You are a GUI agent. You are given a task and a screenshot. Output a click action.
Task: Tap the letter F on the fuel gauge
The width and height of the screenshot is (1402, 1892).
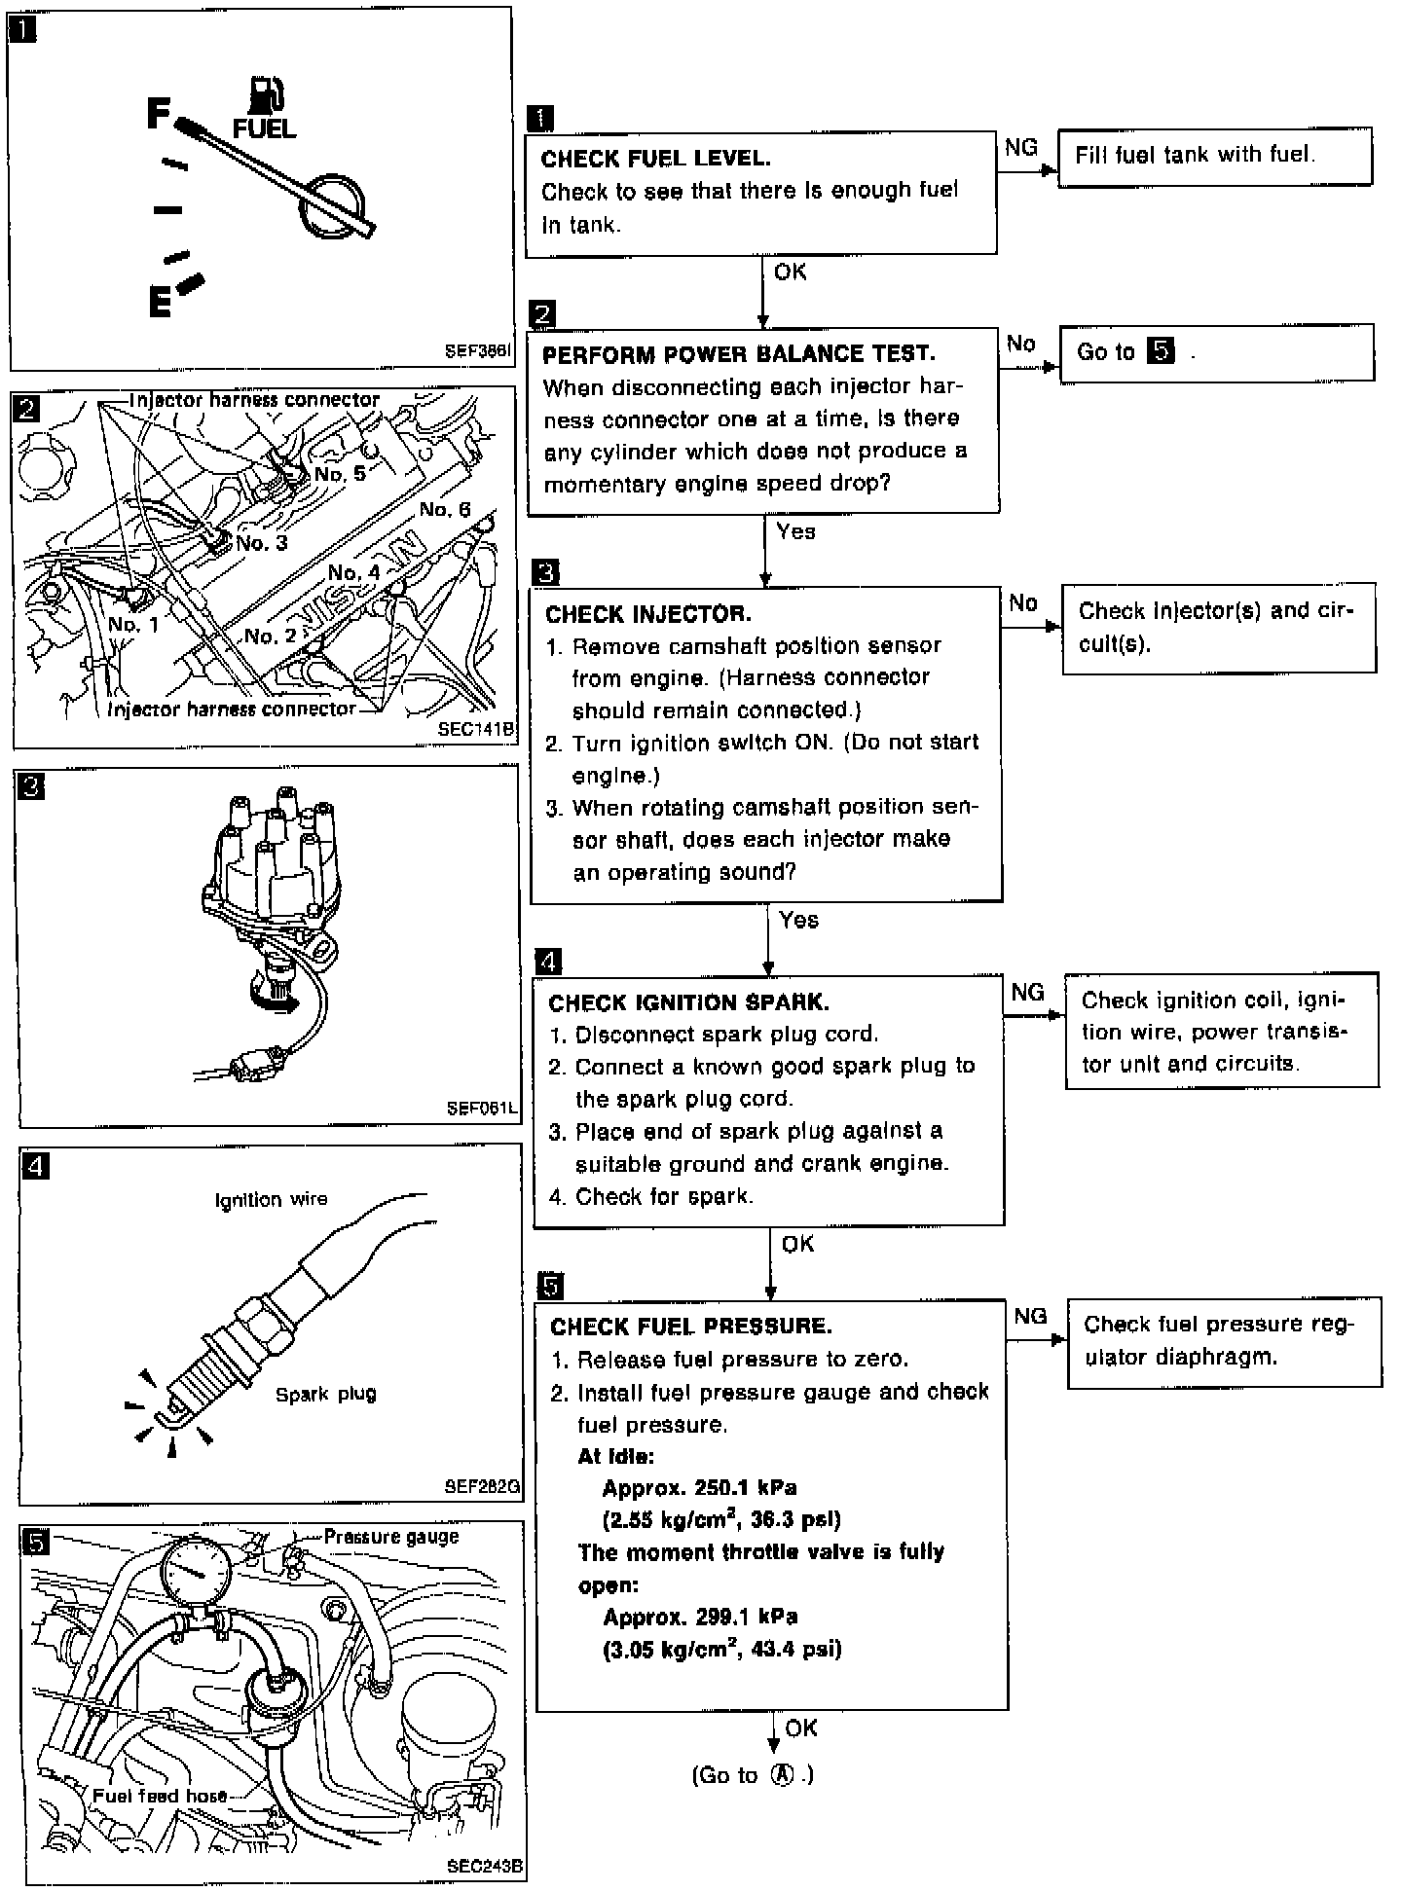[x=159, y=114]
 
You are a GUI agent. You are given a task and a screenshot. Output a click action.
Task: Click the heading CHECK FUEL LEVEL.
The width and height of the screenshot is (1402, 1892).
[x=655, y=159]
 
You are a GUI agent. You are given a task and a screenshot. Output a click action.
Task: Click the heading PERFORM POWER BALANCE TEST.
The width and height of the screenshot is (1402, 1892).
[x=738, y=354]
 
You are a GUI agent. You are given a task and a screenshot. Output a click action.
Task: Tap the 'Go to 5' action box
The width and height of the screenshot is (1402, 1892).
[x=1216, y=352]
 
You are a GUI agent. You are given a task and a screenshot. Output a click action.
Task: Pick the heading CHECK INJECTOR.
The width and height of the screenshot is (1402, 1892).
[x=647, y=614]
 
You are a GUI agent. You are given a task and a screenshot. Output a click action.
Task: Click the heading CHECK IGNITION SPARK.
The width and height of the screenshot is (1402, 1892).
[x=688, y=1002]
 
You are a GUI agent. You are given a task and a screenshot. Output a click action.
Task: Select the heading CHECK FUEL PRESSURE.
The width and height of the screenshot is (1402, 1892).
[x=690, y=1327]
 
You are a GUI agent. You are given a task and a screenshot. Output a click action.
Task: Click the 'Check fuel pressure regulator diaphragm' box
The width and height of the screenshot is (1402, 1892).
[x=1224, y=1341]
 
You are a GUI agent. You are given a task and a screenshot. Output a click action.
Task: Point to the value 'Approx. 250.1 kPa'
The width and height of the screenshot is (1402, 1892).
[x=699, y=1488]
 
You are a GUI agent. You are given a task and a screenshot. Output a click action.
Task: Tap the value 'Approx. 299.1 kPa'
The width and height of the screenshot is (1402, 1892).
[x=699, y=1618]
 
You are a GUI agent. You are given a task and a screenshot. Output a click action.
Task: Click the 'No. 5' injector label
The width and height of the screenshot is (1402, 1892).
[x=340, y=474]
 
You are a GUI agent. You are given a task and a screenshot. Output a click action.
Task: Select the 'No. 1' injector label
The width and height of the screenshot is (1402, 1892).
[x=133, y=624]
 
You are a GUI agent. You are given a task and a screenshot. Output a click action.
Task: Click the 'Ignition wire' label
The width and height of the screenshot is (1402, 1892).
[x=271, y=1200]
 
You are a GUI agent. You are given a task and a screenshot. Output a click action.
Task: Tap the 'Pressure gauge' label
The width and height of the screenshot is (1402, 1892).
[x=390, y=1537]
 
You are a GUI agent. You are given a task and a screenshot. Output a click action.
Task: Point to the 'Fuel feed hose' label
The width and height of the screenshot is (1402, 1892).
[x=160, y=1796]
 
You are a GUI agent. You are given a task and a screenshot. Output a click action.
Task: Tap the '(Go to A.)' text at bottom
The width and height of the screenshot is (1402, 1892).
[x=753, y=1775]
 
